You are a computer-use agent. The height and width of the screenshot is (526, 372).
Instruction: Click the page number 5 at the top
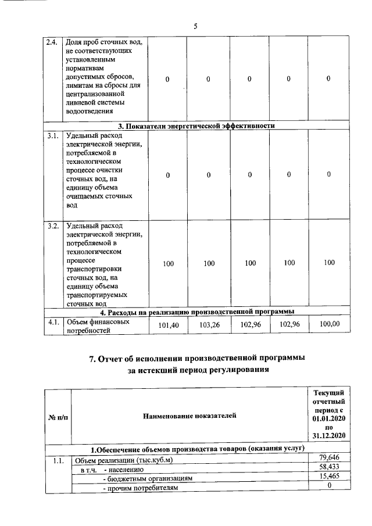195,26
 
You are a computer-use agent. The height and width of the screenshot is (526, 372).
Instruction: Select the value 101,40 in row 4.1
169,326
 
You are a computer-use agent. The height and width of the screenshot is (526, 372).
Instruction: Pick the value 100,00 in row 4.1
330,323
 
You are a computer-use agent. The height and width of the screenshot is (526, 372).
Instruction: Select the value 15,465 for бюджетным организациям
329,478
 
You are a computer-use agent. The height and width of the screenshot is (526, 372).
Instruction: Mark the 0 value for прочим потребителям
329,487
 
